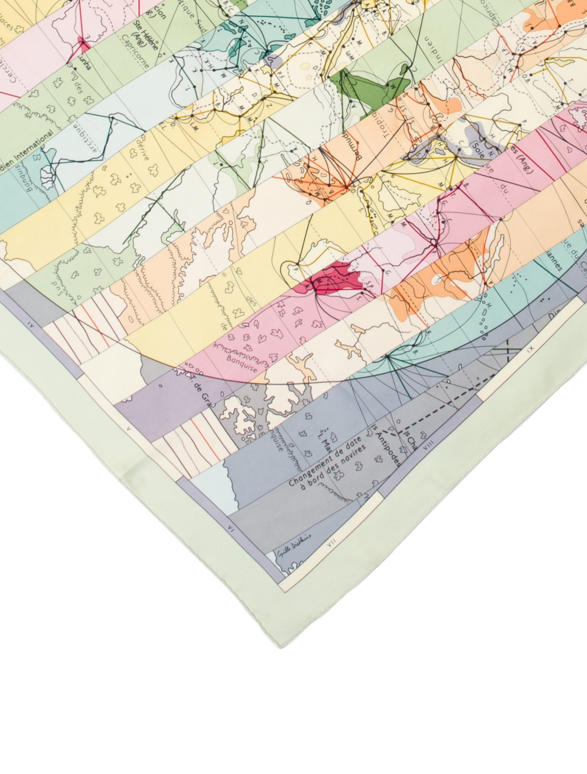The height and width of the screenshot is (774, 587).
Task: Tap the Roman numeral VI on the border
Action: (230, 531)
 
